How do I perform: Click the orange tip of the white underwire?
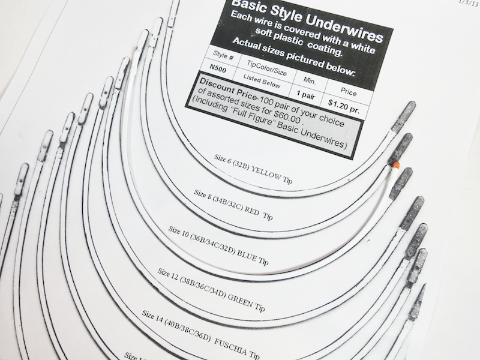point(396,166)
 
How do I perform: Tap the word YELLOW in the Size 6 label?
point(266,173)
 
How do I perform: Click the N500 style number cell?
point(218,69)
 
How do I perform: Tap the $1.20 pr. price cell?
point(343,106)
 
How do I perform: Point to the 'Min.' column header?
point(310,81)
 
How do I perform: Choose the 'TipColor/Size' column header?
point(266,68)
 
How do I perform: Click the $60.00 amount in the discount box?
point(286,115)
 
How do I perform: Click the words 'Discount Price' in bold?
point(228,89)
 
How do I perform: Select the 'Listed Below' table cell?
point(262,81)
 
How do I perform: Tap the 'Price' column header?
point(349,92)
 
